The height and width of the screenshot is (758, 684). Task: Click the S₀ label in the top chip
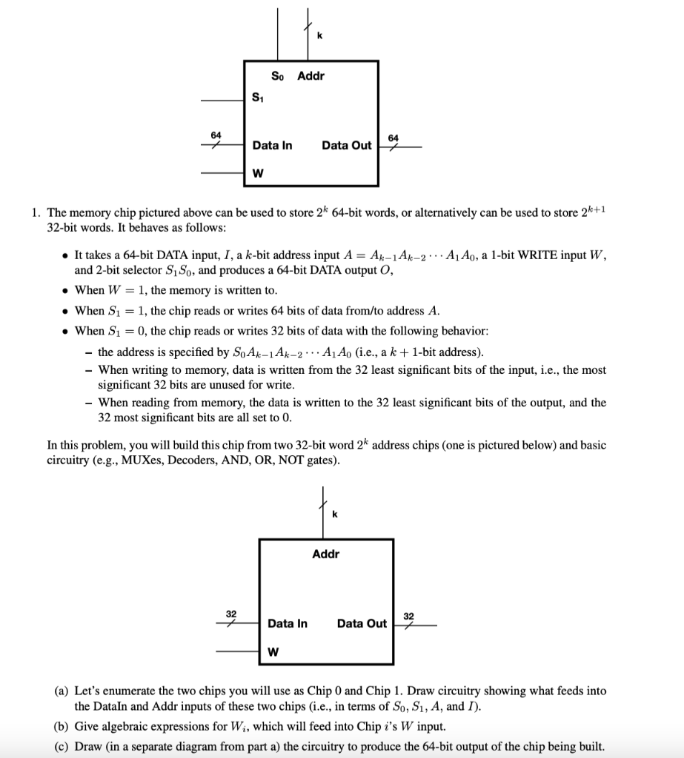pos(277,76)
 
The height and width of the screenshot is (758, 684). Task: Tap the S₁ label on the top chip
pos(257,95)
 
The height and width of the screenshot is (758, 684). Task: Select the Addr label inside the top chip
pos(311,76)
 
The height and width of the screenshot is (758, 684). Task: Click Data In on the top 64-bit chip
pos(272,145)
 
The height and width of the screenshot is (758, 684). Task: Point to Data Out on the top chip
pos(346,145)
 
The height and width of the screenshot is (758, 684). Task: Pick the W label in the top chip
pos(257,174)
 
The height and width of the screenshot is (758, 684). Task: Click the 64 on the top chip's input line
pos(216,135)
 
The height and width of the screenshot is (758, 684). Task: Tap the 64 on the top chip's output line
pos(394,138)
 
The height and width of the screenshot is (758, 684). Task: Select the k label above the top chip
pos(319,35)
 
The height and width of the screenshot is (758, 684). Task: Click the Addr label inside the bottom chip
pos(326,553)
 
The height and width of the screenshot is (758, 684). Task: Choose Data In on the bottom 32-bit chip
pos(287,623)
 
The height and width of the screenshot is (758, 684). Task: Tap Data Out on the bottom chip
pos(362,623)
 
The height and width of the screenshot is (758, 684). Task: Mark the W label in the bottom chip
pos(273,652)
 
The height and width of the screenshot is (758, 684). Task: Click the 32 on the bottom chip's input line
pos(231,614)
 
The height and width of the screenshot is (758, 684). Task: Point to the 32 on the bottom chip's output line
pos(409,615)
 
